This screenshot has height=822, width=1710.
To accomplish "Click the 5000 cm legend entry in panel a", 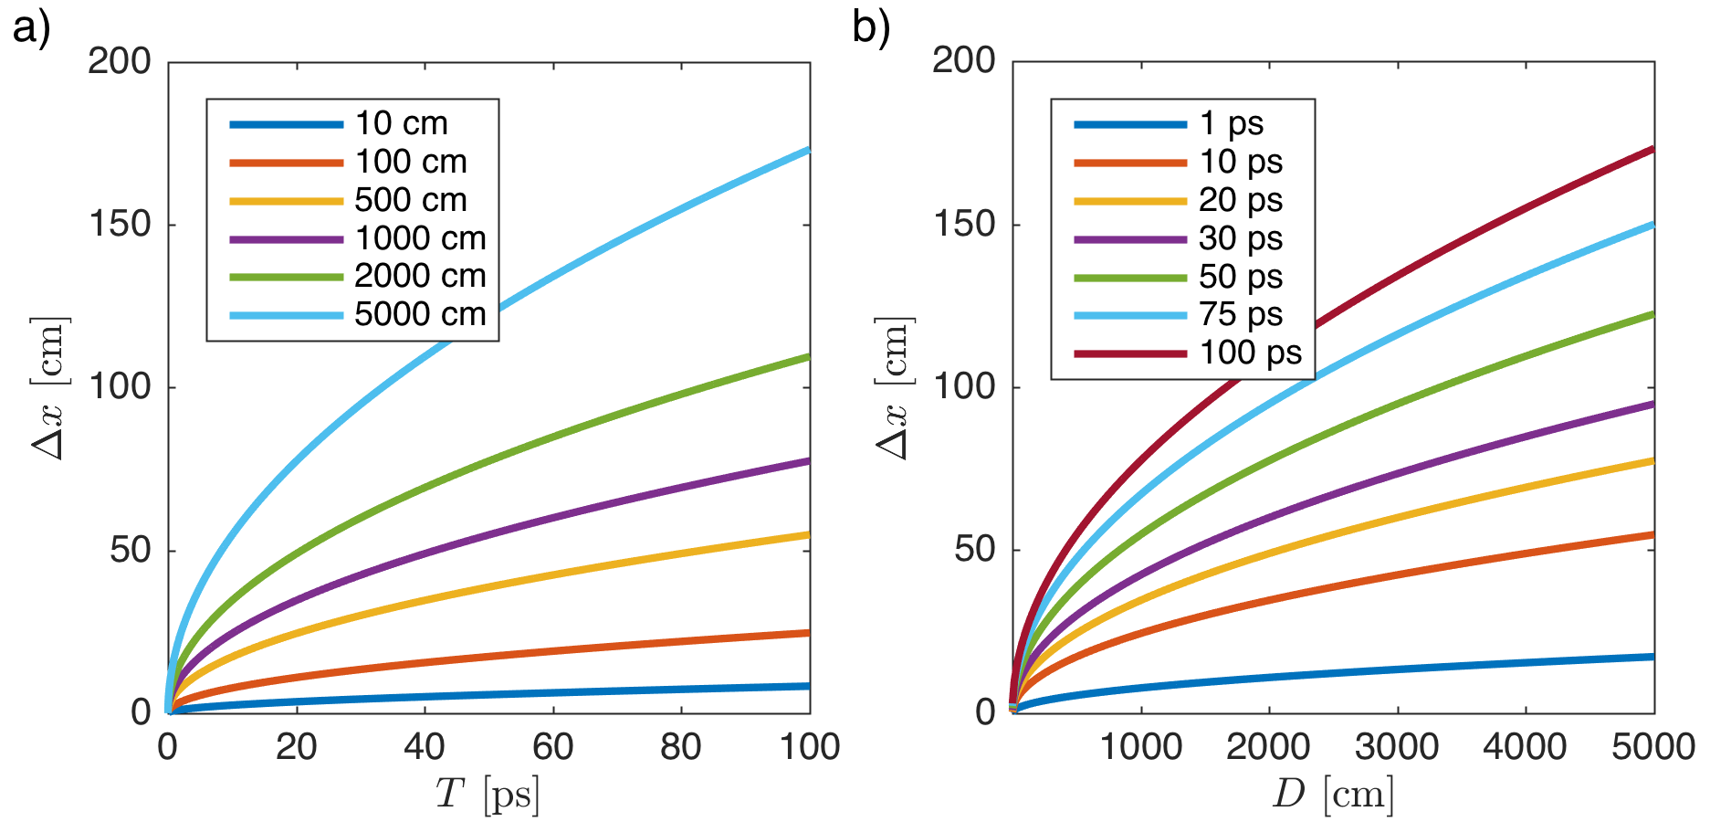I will click(420, 314).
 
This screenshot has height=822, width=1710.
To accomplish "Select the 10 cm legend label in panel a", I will click(401, 123).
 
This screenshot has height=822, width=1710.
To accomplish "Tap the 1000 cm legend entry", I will click(420, 238).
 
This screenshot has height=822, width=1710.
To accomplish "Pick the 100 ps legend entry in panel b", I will click(1250, 353).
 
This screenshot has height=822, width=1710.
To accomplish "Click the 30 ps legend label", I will click(1241, 238).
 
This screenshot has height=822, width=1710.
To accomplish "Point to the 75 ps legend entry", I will click(1241, 314).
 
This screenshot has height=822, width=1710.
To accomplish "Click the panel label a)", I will click(31, 27).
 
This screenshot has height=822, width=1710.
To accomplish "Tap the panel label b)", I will click(870, 27).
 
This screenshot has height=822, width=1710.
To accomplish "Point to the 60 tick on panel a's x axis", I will click(552, 747).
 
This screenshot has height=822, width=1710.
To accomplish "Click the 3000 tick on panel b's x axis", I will click(1397, 747).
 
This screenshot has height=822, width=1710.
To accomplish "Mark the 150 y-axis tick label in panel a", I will click(120, 225).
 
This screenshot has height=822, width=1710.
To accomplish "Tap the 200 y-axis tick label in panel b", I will click(964, 61).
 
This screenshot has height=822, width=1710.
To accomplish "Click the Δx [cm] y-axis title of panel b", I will click(893, 387).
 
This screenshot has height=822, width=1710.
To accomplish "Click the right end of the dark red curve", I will click(1652, 149).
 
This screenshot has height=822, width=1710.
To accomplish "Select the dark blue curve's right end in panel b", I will click(1652, 657).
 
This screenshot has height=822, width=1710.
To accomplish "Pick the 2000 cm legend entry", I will click(420, 276).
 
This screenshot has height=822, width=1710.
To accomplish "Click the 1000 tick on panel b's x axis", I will click(1140, 747).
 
